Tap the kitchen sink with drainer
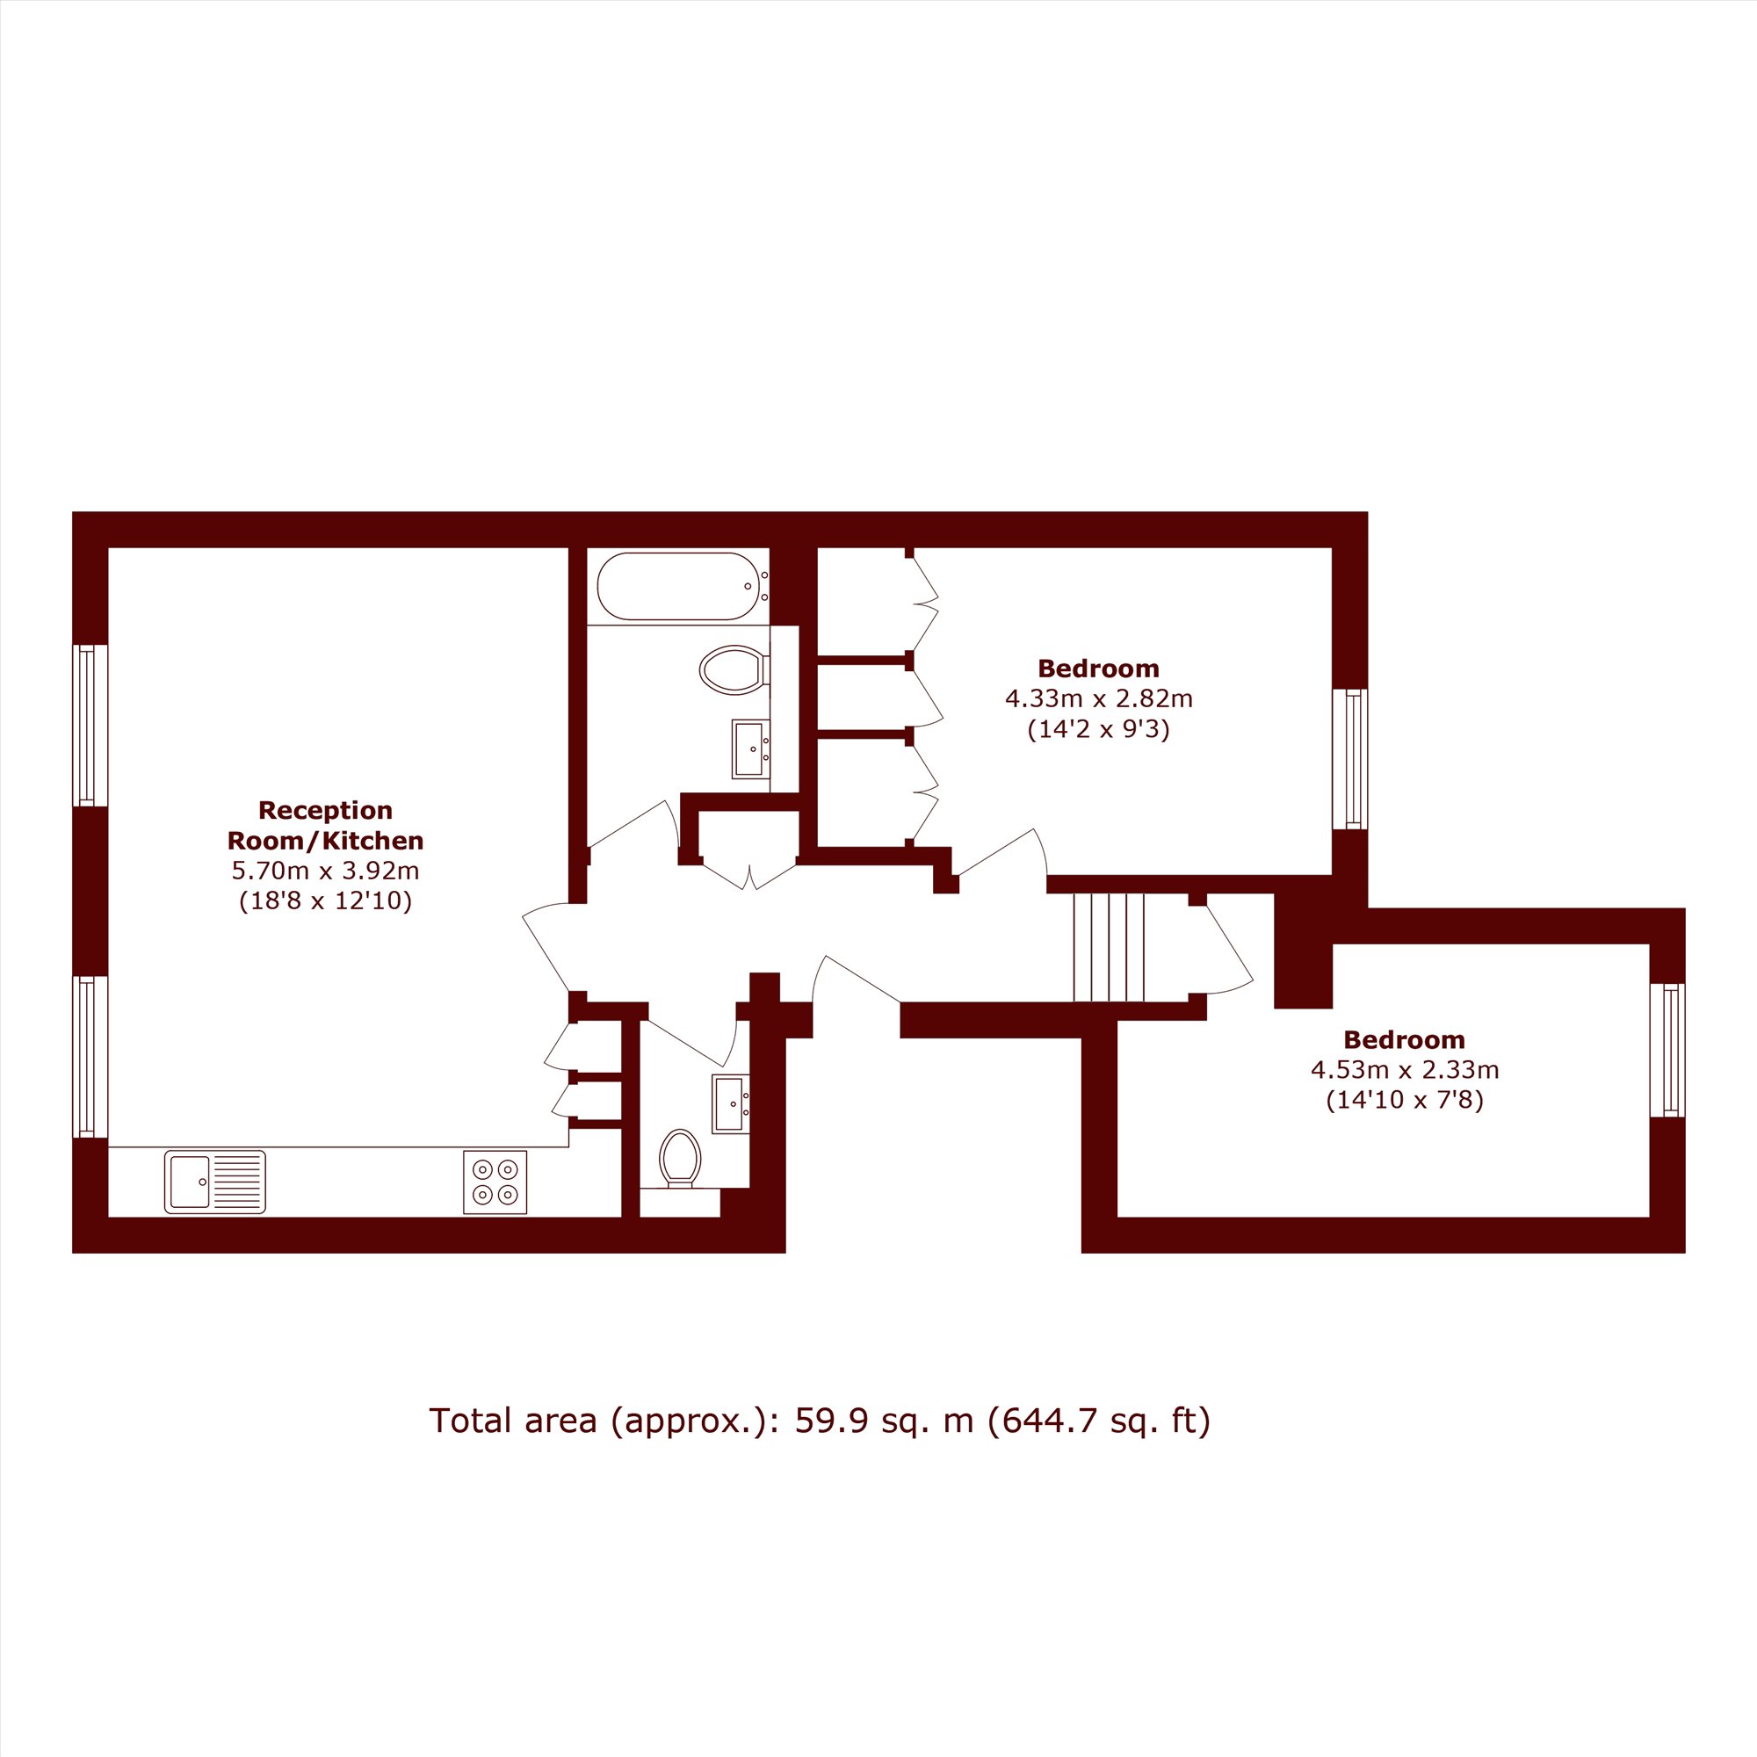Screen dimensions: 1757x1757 tap(214, 1182)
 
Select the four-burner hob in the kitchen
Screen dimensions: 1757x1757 tap(495, 1182)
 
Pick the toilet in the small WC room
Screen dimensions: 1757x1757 tap(680, 1159)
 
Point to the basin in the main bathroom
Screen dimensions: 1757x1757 tap(750, 749)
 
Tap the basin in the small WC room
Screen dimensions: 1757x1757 tap(730, 1104)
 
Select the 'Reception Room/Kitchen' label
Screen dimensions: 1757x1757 tap(326, 825)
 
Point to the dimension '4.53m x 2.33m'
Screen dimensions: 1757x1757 tap(1404, 1070)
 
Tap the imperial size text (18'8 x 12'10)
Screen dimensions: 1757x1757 tap(326, 901)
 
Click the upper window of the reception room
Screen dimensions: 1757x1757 tap(90, 726)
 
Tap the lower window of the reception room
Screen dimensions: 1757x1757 tap(90, 1057)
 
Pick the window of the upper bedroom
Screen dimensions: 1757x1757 tap(1350, 759)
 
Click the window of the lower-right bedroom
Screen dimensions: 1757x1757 tap(1668, 1051)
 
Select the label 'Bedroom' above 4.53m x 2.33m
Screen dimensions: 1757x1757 tap(1404, 1039)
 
